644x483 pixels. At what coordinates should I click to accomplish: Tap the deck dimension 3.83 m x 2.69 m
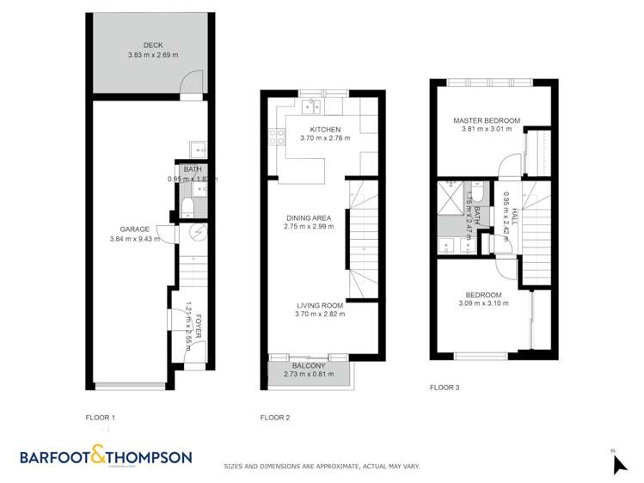pyautogui.click(x=153, y=55)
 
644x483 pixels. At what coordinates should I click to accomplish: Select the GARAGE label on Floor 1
pyautogui.click(x=135, y=229)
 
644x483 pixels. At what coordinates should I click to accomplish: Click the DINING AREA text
pyautogui.click(x=308, y=217)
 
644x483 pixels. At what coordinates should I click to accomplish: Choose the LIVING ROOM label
pyautogui.click(x=320, y=305)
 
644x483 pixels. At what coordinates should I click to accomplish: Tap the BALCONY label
pyautogui.click(x=308, y=365)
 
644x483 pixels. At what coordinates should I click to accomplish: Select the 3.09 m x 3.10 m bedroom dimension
pyautogui.click(x=481, y=303)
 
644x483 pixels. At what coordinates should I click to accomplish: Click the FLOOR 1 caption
pyautogui.click(x=101, y=418)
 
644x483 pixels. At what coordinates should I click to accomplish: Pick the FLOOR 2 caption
pyautogui.click(x=274, y=418)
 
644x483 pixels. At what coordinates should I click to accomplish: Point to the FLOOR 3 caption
pyautogui.click(x=445, y=388)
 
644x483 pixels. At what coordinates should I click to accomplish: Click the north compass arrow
pyautogui.click(x=619, y=464)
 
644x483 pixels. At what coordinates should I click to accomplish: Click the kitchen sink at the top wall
pyautogui.click(x=311, y=107)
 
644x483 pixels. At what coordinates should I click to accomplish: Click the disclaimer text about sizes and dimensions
pyautogui.click(x=322, y=467)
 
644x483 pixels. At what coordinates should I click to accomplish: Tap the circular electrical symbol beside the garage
pyautogui.click(x=196, y=233)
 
